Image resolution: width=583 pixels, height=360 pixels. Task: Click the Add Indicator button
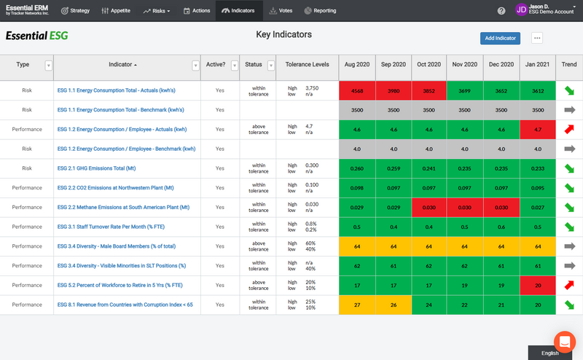[x=500, y=38]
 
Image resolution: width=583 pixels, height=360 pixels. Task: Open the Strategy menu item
[x=75, y=11]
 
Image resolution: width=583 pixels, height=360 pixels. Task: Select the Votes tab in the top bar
[x=282, y=11]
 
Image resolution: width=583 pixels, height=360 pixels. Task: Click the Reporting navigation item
[x=320, y=11]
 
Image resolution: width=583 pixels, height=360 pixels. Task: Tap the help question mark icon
[x=501, y=11]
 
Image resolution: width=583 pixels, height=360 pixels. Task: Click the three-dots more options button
[x=537, y=38]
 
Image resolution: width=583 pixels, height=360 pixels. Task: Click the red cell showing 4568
[x=357, y=90]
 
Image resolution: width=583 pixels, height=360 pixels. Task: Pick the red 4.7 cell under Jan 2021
[x=538, y=129]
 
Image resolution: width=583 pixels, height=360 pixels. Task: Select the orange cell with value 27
[x=357, y=305]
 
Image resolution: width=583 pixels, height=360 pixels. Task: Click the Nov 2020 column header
[x=465, y=64]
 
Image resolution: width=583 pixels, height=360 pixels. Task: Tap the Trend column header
[x=569, y=64]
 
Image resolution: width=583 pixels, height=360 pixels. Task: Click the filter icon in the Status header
[x=271, y=65]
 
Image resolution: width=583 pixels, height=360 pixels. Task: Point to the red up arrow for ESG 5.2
[x=569, y=285]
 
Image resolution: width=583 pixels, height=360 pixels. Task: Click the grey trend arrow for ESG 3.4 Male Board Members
[x=569, y=246]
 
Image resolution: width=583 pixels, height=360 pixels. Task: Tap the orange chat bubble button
[x=565, y=341]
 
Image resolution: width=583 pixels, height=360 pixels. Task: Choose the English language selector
[x=550, y=353]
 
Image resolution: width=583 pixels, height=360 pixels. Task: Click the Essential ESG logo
[x=37, y=36]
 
